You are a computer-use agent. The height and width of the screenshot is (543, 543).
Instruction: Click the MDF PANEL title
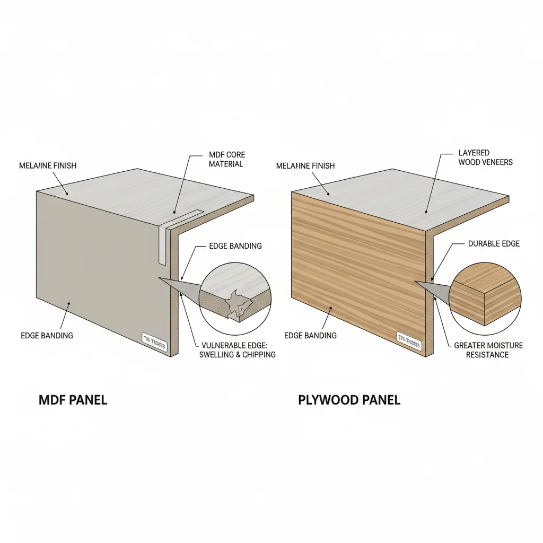pyautogui.click(x=73, y=400)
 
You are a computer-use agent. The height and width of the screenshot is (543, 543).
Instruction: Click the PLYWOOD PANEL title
pyautogui.click(x=349, y=400)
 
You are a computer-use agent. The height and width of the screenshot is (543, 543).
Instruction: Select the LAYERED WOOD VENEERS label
pyautogui.click(x=485, y=157)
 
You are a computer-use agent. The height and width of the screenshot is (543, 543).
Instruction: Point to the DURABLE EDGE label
pyautogui.click(x=494, y=244)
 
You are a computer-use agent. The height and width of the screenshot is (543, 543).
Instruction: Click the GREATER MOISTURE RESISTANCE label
pyautogui.click(x=488, y=350)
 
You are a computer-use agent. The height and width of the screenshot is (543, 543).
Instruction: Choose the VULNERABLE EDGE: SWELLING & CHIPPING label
pyautogui.click(x=237, y=350)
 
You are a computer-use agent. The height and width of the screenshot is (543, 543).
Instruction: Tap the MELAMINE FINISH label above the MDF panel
pyautogui.click(x=48, y=166)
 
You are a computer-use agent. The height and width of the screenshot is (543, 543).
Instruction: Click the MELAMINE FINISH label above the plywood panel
pyautogui.click(x=305, y=166)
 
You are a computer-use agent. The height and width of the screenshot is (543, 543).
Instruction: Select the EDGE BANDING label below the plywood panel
pyautogui.click(x=310, y=336)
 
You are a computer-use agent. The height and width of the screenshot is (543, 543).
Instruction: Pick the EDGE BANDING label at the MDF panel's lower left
pyautogui.click(x=47, y=336)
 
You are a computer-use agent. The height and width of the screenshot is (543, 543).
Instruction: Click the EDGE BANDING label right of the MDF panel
pyautogui.click(x=235, y=246)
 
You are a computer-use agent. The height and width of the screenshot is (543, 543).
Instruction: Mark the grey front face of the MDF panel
pyautogui.click(x=101, y=265)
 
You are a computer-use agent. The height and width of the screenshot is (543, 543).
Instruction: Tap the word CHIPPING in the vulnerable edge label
pyautogui.click(x=259, y=355)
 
